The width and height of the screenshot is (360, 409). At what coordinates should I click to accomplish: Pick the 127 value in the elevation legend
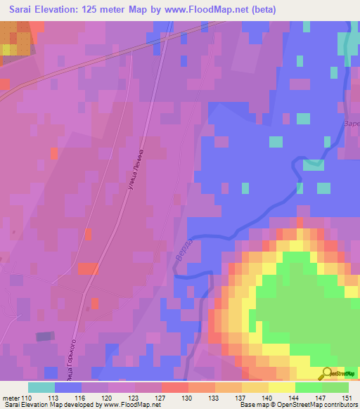click(162, 398)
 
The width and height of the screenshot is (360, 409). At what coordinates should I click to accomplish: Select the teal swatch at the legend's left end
click(41, 387)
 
